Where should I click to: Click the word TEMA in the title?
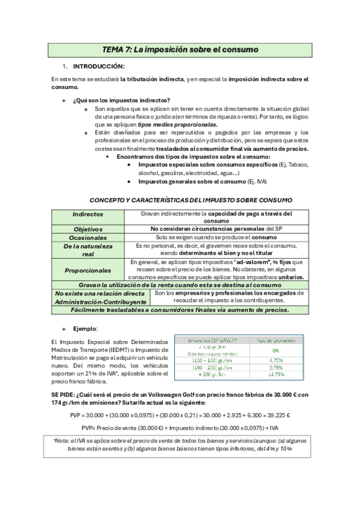point(114,49)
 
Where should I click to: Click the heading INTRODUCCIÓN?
point(99,66)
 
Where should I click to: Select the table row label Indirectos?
point(88,214)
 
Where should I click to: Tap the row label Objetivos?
point(88,229)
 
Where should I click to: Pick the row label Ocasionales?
point(88,238)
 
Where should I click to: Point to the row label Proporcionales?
point(88,270)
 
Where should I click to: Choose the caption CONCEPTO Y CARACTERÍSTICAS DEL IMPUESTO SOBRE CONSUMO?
point(191,199)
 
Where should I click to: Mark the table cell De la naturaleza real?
point(88,250)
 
